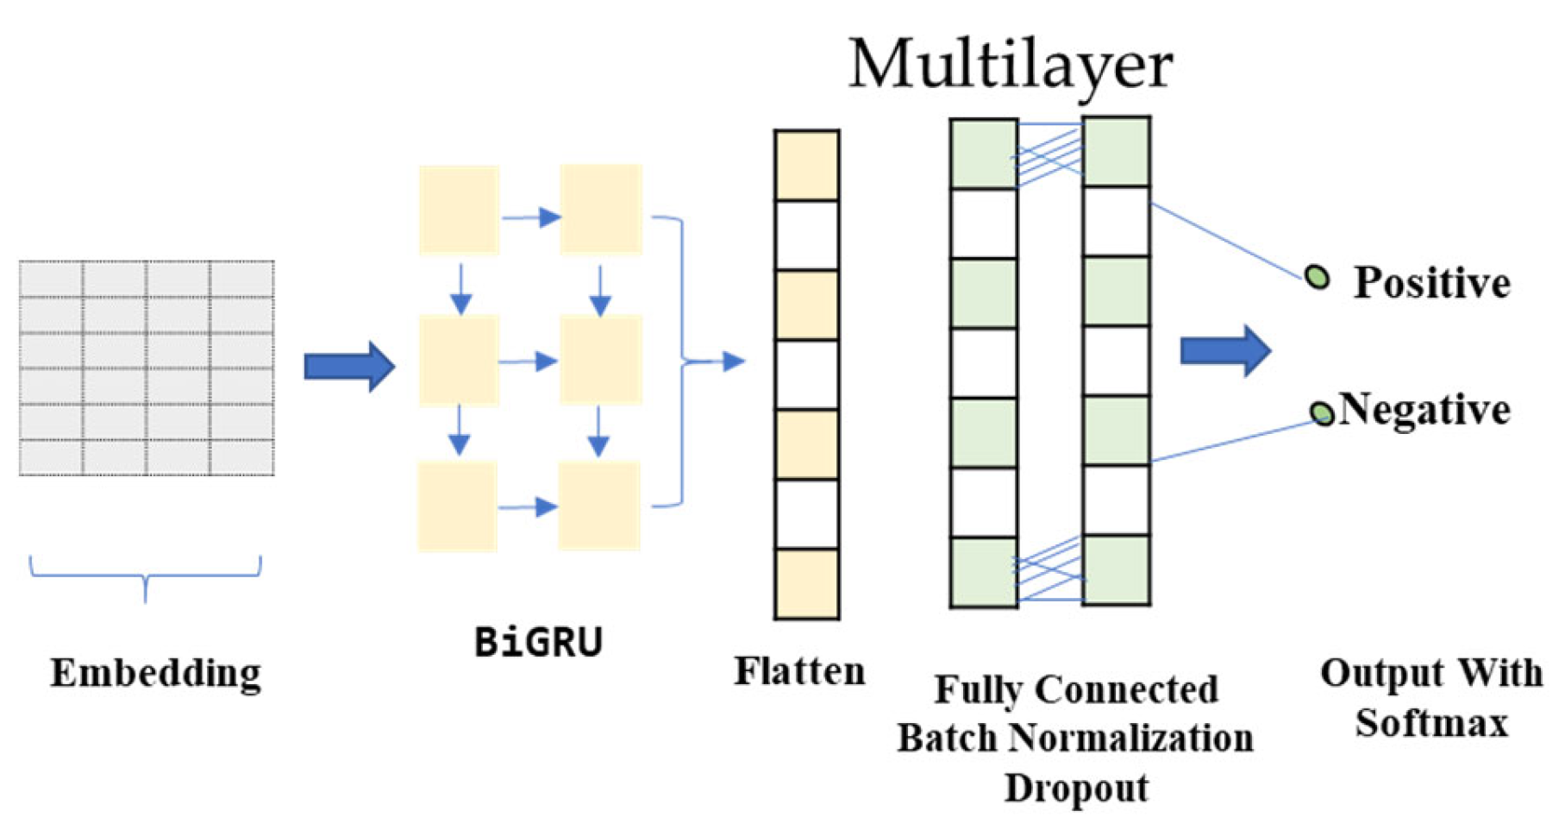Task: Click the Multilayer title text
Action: pyautogui.click(x=1011, y=65)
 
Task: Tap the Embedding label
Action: pyautogui.click(x=155, y=673)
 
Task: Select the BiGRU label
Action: pyautogui.click(x=538, y=642)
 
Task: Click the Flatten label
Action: pyautogui.click(x=799, y=671)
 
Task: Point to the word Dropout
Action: pyautogui.click(x=1076, y=787)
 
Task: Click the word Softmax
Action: pyautogui.click(x=1431, y=722)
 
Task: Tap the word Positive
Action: pyautogui.click(x=1431, y=283)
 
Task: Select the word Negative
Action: pyautogui.click(x=1424, y=409)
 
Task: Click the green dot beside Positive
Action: pyautogui.click(x=1317, y=277)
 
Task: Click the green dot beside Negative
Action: pyautogui.click(x=1322, y=413)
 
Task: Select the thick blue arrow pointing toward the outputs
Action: pyautogui.click(x=1225, y=350)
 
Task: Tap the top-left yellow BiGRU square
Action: pyautogui.click(x=459, y=210)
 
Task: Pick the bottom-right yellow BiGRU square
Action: pyautogui.click(x=599, y=506)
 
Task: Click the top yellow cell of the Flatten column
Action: pyautogui.click(x=806, y=166)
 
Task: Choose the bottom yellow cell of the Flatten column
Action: pyautogui.click(x=806, y=583)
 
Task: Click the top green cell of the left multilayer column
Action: pyautogui.click(x=983, y=154)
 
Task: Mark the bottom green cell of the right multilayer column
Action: pyautogui.click(x=1116, y=569)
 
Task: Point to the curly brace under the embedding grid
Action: pyautogui.click(x=145, y=577)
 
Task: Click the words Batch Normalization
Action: pyautogui.click(x=1075, y=738)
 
